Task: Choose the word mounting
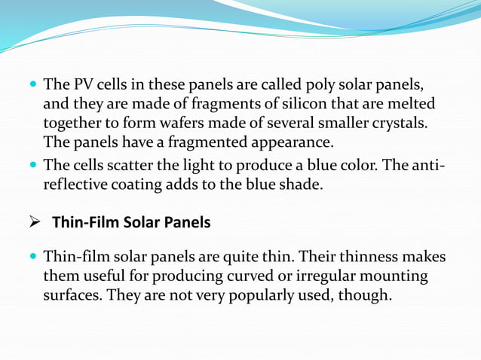(x=396, y=276)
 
